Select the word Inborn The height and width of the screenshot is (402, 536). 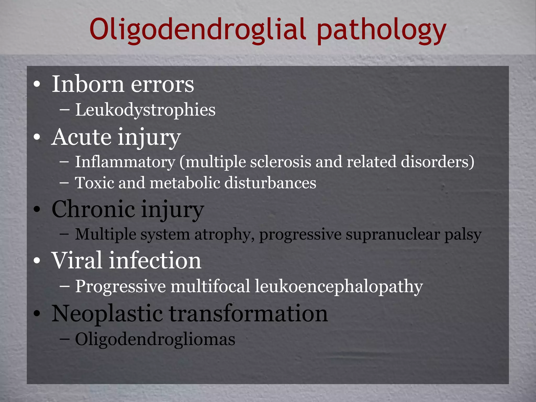coord(88,84)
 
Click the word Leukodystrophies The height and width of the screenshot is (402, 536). coord(145,110)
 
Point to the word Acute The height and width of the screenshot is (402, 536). coord(81,137)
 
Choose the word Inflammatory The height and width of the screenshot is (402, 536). coord(125,162)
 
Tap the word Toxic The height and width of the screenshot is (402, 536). coord(94,182)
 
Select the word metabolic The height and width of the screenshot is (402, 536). coord(185,182)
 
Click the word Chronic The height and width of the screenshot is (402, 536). coord(93,209)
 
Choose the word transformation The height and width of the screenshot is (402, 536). coord(248,313)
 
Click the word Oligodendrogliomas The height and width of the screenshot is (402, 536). coord(155,339)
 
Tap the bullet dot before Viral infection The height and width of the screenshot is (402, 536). coord(37,261)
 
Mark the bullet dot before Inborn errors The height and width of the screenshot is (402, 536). coord(37,85)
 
